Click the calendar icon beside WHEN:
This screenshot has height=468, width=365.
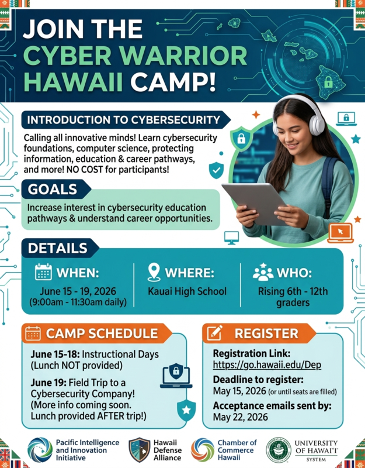coord(44,273)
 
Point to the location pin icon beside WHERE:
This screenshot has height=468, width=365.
coord(154,273)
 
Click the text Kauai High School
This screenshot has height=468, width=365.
coord(187,291)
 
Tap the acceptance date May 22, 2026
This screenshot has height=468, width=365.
coord(241,417)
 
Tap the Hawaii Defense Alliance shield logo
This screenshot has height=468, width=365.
coord(140,449)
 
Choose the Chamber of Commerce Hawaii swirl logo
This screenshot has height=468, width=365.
coord(203,449)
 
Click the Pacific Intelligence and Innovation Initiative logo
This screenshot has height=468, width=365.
coord(39,449)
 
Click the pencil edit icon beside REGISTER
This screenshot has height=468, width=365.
coord(215,333)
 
